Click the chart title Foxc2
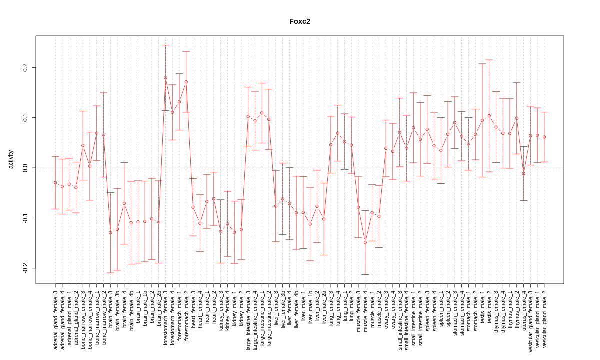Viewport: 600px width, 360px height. pyautogui.click(x=300, y=21)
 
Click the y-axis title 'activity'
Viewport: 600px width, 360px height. pyautogui.click(x=11, y=159)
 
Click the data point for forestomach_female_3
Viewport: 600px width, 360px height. pyautogui.click(x=165, y=78)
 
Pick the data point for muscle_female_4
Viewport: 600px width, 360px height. pyautogui.click(x=365, y=242)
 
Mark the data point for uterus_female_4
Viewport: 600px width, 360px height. pyautogui.click(x=524, y=173)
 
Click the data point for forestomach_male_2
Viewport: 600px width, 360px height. pyautogui.click(x=186, y=82)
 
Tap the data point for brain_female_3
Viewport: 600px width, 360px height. pyautogui.click(x=110, y=233)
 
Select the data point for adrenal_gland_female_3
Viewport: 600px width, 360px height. pyautogui.click(x=55, y=183)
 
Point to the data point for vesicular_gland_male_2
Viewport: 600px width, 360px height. pyautogui.click(x=544, y=137)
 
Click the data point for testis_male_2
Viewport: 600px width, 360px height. pyautogui.click(x=489, y=116)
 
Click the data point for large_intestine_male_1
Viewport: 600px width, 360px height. pyautogui.click(x=262, y=113)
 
